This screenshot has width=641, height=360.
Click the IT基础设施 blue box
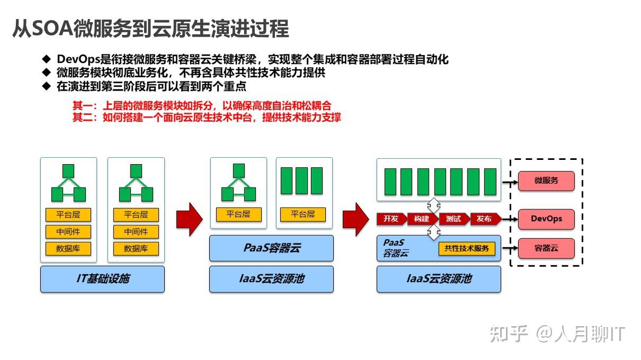102,279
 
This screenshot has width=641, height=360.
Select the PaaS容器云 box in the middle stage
271,248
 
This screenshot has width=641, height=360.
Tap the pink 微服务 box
546,181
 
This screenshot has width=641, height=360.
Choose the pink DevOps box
546,219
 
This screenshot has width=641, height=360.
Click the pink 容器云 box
546,248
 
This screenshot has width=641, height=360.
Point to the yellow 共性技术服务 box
466,248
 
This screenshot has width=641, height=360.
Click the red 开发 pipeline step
391,219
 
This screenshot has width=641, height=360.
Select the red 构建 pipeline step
422,219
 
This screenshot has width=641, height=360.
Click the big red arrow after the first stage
189,219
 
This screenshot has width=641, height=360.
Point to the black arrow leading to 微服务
509,182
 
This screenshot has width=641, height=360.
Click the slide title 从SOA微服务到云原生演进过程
150,29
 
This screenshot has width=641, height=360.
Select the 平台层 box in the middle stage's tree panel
238,214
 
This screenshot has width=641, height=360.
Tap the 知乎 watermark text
509,334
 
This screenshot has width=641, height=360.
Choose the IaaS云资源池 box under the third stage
439,279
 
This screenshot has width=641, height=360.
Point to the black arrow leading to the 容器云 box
509,248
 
